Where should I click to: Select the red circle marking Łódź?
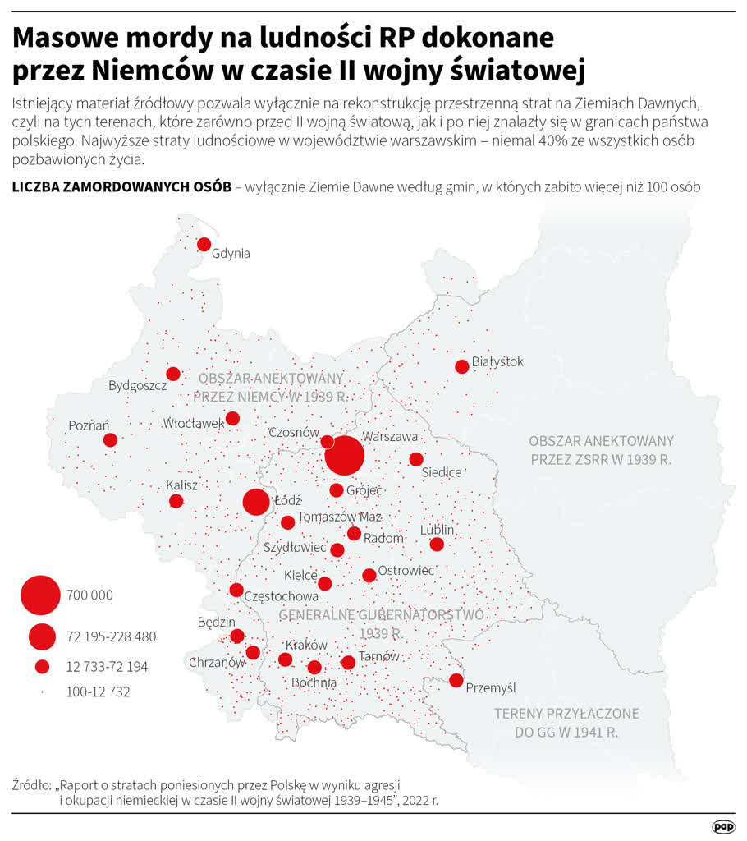click(256, 502)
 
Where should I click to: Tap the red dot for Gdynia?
click(204, 244)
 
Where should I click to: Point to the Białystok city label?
click(497, 361)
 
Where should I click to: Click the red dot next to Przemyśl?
click(456, 680)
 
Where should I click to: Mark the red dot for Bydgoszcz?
click(173, 374)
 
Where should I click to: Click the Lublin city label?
click(437, 530)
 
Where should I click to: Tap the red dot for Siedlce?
click(416, 459)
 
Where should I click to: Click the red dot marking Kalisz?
click(176, 501)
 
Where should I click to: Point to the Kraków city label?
click(306, 645)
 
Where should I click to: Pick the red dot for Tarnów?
click(348, 662)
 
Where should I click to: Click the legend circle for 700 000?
click(40, 595)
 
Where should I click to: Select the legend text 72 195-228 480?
click(111, 636)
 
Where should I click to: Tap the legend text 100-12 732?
click(98, 692)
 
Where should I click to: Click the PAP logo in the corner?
click(723, 826)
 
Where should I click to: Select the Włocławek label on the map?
click(194, 424)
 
